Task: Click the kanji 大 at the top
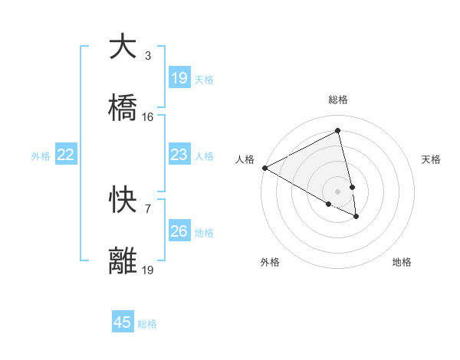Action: tap(123, 47)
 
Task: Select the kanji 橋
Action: tap(123, 109)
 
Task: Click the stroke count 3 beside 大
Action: tap(148, 56)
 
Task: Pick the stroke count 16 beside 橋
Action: tap(148, 117)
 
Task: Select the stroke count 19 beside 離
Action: tap(148, 270)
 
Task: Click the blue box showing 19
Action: tap(179, 78)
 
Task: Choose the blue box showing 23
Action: tap(179, 155)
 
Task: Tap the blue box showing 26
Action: tap(179, 231)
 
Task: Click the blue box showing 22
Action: tap(66, 155)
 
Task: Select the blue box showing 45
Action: tap(123, 322)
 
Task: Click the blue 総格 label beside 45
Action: tap(147, 324)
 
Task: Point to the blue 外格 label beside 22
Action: tap(41, 156)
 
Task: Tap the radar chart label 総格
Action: tap(338, 100)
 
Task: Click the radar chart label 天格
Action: tap(432, 159)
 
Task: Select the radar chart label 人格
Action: tap(245, 159)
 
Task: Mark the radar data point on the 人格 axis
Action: tap(264, 168)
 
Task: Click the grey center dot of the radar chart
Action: tap(338, 191)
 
